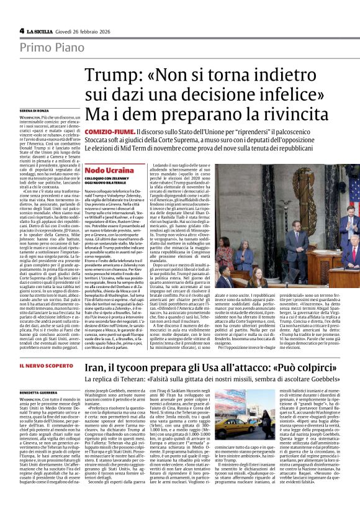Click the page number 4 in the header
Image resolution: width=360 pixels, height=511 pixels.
(22, 30)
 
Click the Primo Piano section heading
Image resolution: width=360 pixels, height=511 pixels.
(47, 49)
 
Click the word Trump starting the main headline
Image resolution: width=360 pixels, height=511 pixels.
(107, 76)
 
